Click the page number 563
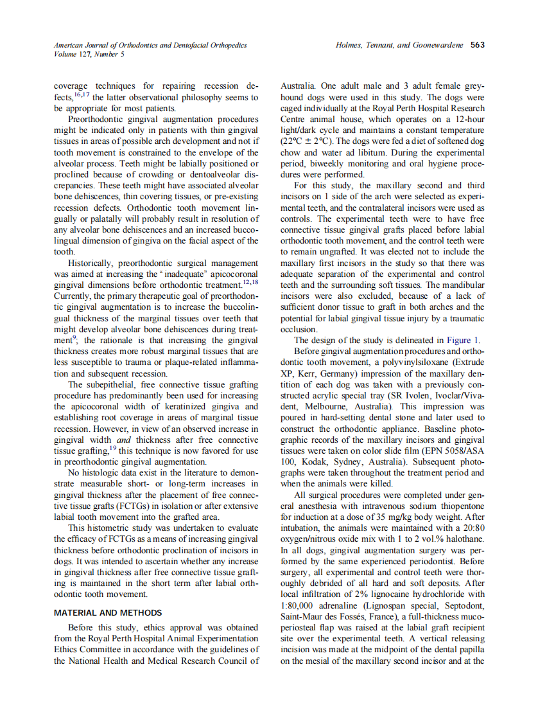coord(477,45)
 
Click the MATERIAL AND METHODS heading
coord(107,612)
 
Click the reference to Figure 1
coord(462,341)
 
